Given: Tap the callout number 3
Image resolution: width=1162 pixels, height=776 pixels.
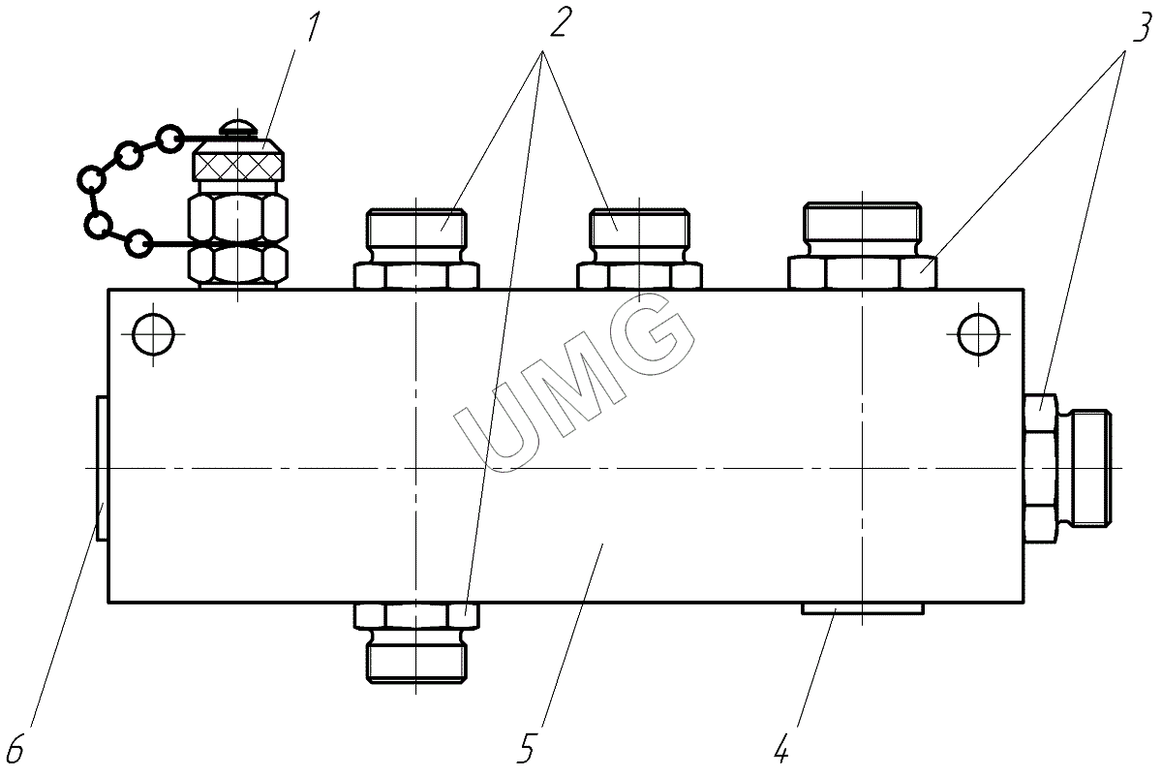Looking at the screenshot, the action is click(1144, 27).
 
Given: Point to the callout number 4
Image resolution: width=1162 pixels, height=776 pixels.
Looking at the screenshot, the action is click(781, 748).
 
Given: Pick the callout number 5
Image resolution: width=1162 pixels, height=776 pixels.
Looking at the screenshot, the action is click(526, 748).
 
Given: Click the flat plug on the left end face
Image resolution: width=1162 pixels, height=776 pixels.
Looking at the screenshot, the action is click(102, 469).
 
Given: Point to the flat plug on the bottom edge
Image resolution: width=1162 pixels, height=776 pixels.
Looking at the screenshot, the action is click(862, 608).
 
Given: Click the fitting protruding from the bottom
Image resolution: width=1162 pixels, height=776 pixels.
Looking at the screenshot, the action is click(416, 642).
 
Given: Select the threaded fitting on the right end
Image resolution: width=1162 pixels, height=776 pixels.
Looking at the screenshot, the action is click(1067, 469).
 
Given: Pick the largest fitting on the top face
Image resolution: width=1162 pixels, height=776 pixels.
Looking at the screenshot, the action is click(862, 245).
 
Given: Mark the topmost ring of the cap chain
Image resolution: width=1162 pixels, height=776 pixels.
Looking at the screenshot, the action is click(169, 139).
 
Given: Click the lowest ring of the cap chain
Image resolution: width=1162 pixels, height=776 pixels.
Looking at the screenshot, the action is click(139, 243).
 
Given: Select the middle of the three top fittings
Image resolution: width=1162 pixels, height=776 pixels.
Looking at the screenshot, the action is click(640, 249).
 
